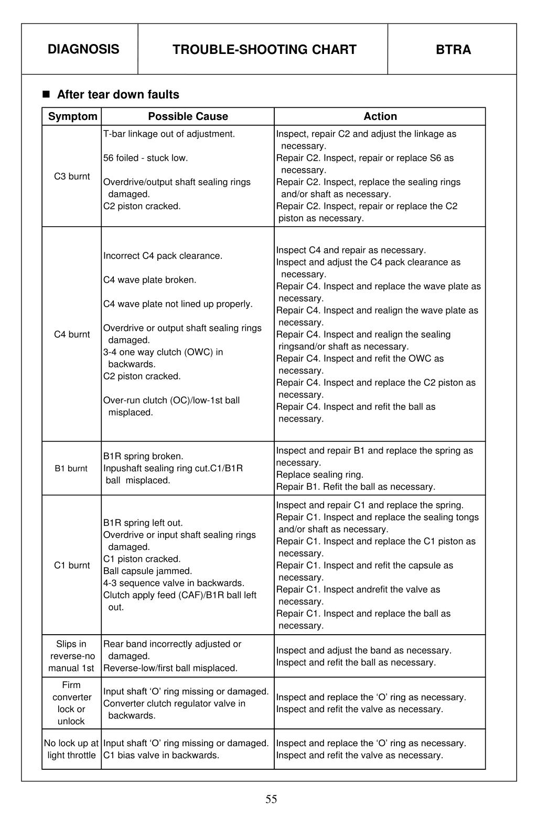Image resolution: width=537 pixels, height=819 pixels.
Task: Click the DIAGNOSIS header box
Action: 83,49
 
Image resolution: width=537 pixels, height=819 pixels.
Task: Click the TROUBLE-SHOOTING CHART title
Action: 264,50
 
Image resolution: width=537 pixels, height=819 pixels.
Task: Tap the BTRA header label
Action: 453,50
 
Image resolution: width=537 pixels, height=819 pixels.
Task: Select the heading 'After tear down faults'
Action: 117,95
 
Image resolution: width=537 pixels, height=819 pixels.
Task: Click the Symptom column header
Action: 72,116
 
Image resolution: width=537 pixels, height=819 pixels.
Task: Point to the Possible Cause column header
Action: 188,116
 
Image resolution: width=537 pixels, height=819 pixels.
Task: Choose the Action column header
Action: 380,116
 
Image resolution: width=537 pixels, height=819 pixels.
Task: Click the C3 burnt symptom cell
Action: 72,176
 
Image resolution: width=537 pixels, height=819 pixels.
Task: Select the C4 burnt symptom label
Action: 72,335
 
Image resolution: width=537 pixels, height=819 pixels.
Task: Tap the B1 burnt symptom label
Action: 71,469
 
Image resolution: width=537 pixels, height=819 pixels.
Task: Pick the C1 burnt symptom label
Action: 72,566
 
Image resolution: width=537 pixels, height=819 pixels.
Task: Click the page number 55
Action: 271,799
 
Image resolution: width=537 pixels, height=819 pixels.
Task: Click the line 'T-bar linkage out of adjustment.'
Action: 169,134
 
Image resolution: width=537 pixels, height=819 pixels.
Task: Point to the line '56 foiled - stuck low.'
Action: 145,158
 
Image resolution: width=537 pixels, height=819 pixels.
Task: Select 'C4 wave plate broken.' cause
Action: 149,280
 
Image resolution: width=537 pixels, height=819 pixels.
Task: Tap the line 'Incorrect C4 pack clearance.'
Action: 163,256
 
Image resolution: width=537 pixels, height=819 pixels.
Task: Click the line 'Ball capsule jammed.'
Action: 147,571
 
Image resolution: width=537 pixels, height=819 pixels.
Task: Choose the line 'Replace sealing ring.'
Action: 320,475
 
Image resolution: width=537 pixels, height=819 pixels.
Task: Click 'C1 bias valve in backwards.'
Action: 161,755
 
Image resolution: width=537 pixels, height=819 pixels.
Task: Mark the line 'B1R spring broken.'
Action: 143,457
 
